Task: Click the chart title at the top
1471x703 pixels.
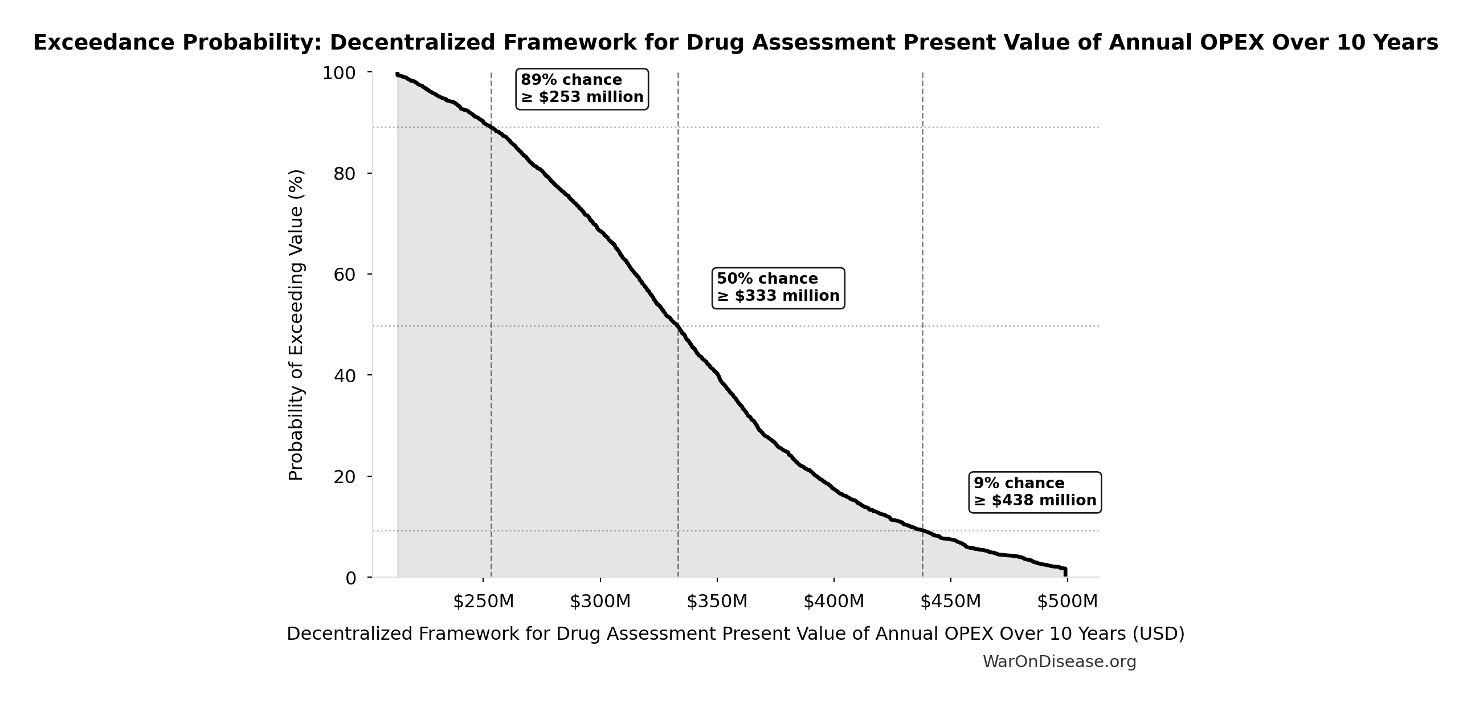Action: click(736, 43)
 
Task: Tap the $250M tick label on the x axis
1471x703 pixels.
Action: click(484, 602)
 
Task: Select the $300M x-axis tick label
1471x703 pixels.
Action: click(600, 602)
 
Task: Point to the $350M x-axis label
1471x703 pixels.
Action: click(717, 602)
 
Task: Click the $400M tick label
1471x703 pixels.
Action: click(833, 602)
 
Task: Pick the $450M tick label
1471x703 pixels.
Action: click(951, 602)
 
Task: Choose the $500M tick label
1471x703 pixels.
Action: click(1067, 602)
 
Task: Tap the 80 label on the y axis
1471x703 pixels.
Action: click(345, 174)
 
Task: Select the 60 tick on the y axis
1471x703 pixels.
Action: click(345, 275)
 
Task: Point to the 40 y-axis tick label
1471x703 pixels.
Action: click(345, 376)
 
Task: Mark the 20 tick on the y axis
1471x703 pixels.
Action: click(345, 477)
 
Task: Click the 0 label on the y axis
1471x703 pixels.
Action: click(350, 578)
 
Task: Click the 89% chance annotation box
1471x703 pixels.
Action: click(582, 89)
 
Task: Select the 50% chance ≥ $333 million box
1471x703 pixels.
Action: click(778, 288)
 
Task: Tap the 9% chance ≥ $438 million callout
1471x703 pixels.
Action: click(1035, 492)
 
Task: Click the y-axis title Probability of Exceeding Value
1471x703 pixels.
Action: click(296, 325)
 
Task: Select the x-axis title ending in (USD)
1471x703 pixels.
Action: click(736, 634)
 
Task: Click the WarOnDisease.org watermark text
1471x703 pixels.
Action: click(1059, 662)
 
